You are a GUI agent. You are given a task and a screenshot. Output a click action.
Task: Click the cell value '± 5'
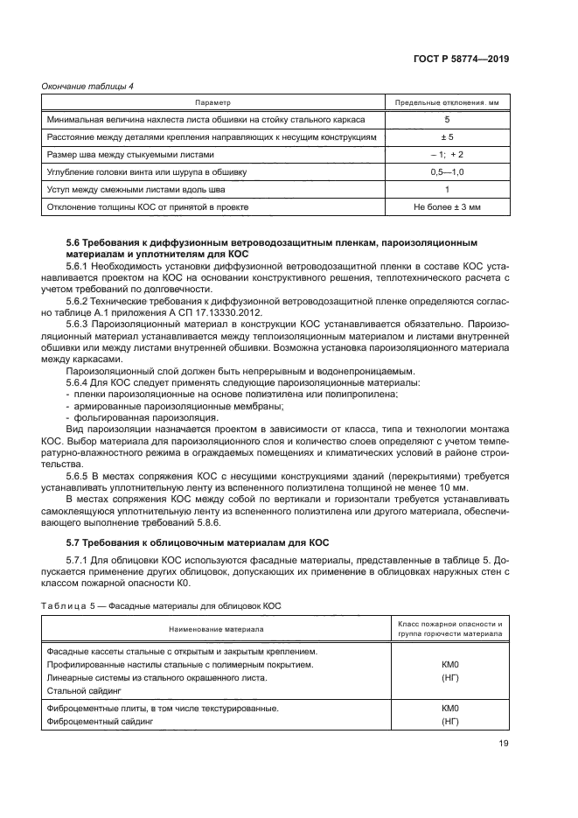pos(447,137)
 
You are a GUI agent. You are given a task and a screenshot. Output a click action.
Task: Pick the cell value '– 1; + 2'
pos(447,155)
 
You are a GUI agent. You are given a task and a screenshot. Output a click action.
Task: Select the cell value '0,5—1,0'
pos(447,172)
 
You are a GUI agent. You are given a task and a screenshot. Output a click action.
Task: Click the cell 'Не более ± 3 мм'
pos(447,207)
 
